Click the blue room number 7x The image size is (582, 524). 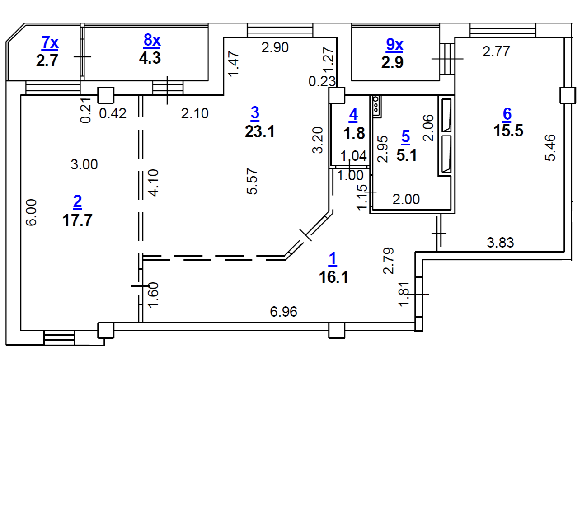tap(50, 42)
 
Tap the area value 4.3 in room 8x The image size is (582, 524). tap(150, 58)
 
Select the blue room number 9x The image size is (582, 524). tap(394, 45)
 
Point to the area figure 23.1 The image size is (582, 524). tap(260, 132)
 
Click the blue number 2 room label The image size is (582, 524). tap(77, 201)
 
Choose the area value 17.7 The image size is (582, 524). tap(77, 220)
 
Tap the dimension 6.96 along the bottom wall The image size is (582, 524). tap(283, 312)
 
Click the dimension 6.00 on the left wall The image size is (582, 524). tap(31, 212)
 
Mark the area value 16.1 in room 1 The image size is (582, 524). tap(333, 277)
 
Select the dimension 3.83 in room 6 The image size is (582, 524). tap(500, 243)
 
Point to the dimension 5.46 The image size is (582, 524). tap(550, 147)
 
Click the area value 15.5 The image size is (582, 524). tap(508, 131)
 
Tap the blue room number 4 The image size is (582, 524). tap(353, 114)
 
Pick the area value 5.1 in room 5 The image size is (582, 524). tap(407, 155)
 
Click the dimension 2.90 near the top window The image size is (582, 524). tap(275, 47)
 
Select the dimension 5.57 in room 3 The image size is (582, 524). tap(252, 181)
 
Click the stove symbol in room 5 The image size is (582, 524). tap(376, 107)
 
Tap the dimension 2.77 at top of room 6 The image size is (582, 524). tap(496, 51)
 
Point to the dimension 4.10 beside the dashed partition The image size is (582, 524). tap(153, 183)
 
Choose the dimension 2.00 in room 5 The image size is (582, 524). tap(406, 199)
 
